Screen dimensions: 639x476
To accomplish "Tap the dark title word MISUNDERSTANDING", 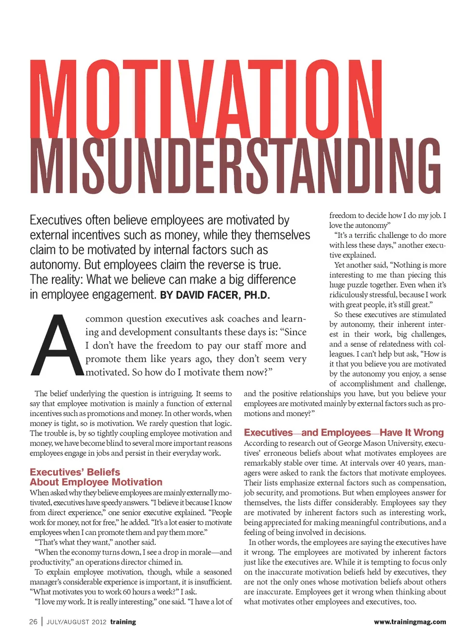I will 236,166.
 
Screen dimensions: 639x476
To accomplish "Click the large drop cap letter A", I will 56,346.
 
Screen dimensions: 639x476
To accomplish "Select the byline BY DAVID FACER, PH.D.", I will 215,295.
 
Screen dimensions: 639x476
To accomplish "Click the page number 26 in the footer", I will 33,622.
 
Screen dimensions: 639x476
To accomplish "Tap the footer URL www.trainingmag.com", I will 410,622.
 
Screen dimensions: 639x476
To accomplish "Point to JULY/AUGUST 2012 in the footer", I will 76,622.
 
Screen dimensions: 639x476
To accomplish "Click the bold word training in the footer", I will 123,622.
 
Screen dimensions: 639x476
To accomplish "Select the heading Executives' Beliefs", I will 75,472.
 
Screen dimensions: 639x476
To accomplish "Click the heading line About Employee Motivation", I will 96,482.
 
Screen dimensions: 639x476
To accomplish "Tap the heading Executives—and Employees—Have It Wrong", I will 344,432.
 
